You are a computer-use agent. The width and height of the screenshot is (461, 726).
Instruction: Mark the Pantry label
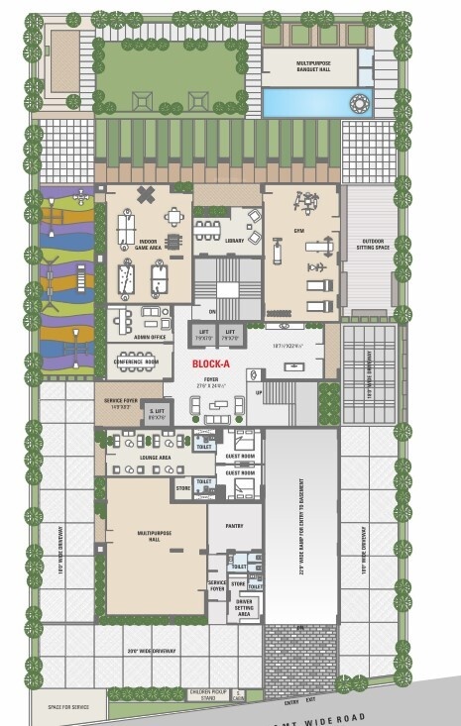pyautogui.click(x=235, y=526)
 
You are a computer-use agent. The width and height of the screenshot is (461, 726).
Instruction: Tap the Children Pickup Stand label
pyautogui.click(x=210, y=695)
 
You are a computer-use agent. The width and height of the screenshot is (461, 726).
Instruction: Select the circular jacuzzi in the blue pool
pyautogui.click(x=358, y=101)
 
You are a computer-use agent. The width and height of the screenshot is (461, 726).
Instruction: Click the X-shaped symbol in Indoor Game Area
pyautogui.click(x=146, y=195)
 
